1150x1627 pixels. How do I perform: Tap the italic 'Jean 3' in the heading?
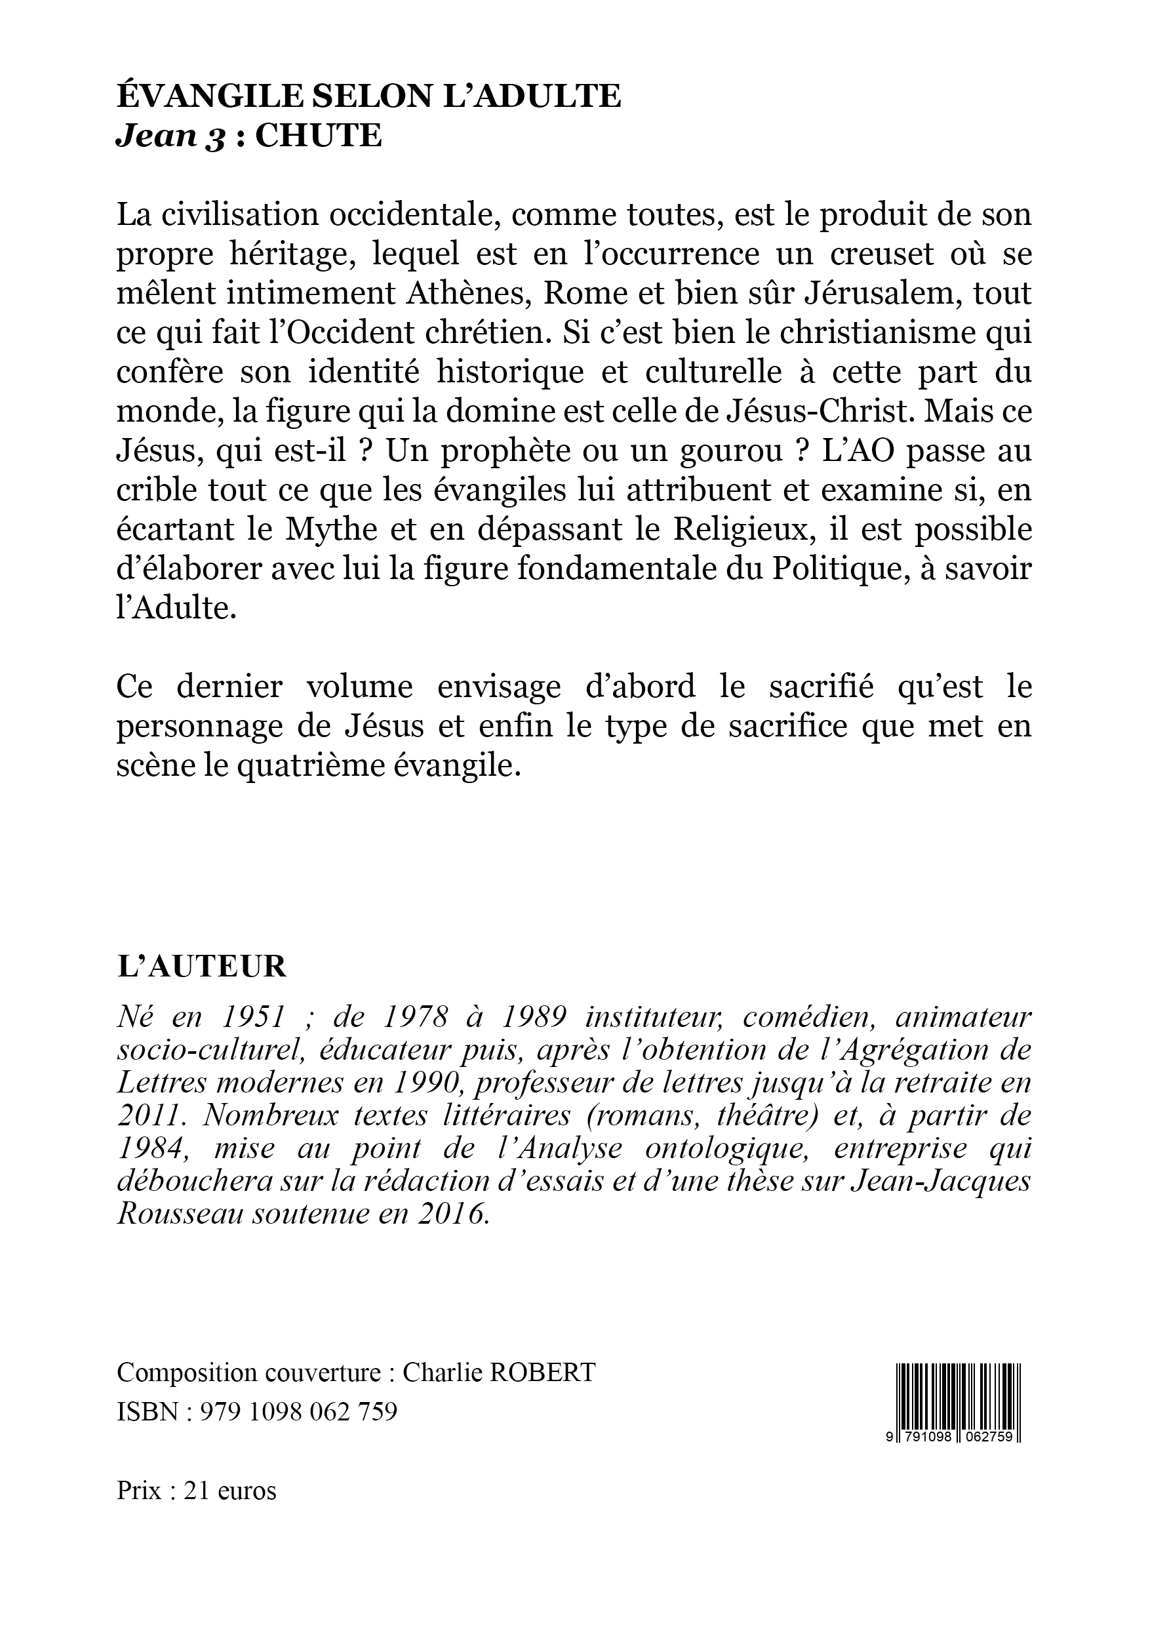(x=170, y=136)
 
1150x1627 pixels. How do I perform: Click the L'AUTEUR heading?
(x=201, y=967)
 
